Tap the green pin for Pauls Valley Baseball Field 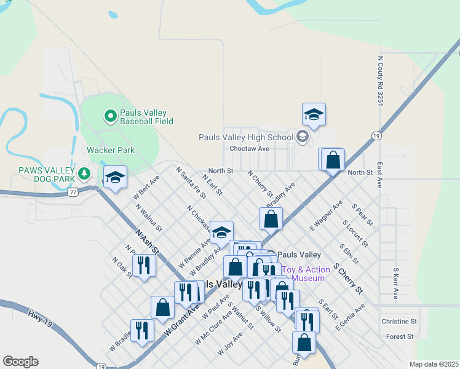point(110,115)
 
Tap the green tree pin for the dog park point(84,175)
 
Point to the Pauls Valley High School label point(246,137)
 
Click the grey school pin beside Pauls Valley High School point(302,137)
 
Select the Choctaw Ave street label point(249,149)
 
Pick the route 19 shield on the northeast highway point(376,135)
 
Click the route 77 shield point(73,192)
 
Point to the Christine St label point(399,322)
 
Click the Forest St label point(400,337)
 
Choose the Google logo point(20,362)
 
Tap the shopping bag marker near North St point(333,161)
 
